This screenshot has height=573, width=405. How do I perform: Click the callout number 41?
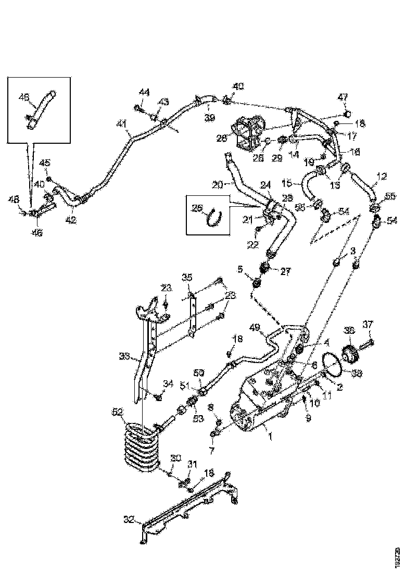click(121, 123)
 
